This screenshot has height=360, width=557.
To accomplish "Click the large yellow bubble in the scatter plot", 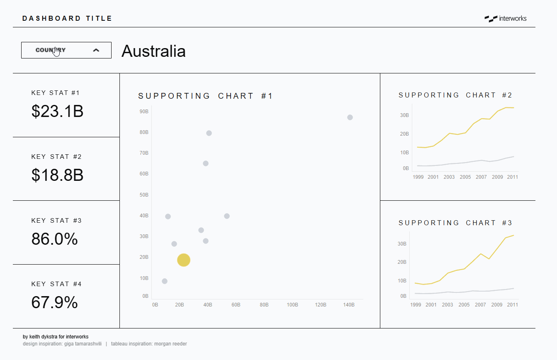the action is (x=183, y=260).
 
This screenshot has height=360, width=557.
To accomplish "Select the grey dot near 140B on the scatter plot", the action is (x=350, y=117).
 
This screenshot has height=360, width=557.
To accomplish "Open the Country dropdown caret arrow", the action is (x=96, y=50).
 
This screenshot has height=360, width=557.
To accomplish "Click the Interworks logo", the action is (x=505, y=18).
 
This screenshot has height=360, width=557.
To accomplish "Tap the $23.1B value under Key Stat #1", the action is (x=57, y=111).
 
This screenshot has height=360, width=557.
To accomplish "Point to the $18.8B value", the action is (x=57, y=175).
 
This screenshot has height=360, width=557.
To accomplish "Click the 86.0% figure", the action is (x=54, y=239).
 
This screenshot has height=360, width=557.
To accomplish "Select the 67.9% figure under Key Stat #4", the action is (x=54, y=302).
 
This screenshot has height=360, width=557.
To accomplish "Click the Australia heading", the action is (x=153, y=51).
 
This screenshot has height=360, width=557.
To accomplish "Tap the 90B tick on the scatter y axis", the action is (x=144, y=112).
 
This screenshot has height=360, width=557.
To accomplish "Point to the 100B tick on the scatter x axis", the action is (x=292, y=305).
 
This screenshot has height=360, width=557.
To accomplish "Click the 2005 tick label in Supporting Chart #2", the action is (x=465, y=177).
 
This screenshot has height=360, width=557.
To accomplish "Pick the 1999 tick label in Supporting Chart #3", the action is (x=416, y=305).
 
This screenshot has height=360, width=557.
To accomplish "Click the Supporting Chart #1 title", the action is (x=206, y=96).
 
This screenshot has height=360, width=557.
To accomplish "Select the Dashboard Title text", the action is (x=67, y=18).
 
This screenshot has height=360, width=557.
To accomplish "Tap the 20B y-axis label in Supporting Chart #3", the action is (x=402, y=262).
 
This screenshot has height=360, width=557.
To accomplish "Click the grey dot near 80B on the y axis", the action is (x=209, y=133).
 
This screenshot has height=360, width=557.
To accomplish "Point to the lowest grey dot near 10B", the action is (x=165, y=281).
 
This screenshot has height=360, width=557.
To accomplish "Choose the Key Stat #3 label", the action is (x=56, y=221).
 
